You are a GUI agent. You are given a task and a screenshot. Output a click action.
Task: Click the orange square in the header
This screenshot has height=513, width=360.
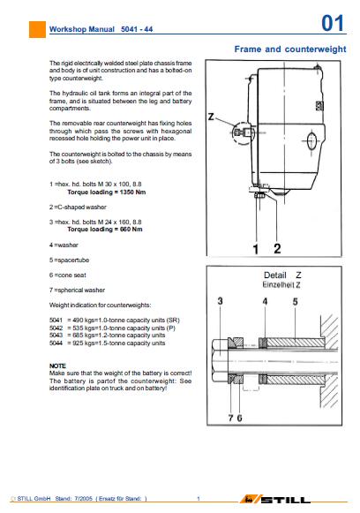point(37,29)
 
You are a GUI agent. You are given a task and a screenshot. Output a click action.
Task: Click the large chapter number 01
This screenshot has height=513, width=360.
point(333,24)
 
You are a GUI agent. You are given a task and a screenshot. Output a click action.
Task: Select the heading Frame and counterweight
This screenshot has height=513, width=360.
point(290,49)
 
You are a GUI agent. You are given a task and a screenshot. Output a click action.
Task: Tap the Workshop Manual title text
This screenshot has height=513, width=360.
point(82,29)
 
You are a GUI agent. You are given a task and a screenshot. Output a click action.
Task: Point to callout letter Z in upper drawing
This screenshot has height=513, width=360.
point(211,117)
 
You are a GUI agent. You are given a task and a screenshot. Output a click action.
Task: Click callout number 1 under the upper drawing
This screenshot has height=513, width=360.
point(256,249)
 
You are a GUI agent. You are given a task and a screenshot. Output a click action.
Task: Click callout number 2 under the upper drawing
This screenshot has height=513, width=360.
point(277,249)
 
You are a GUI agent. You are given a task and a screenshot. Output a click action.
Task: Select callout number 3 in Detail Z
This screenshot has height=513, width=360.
point(220,301)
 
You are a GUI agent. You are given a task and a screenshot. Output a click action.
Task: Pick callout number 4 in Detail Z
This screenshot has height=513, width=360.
point(265,301)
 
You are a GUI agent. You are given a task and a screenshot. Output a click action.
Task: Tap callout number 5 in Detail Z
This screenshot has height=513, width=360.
point(295,302)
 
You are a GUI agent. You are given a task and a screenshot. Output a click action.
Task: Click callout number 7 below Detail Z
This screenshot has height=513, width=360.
point(231,418)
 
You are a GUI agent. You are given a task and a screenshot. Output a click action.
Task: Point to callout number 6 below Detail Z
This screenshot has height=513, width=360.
point(239,418)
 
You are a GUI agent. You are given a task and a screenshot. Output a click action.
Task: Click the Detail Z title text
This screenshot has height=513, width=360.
point(282,275)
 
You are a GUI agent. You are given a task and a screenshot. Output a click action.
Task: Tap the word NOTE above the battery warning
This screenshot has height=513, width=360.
point(57,366)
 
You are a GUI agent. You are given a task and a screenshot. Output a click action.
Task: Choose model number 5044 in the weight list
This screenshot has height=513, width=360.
point(56,343)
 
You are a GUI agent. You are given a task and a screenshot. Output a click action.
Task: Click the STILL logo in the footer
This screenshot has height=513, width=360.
point(275,499)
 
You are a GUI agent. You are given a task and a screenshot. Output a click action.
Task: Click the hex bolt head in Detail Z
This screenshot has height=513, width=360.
point(220,361)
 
